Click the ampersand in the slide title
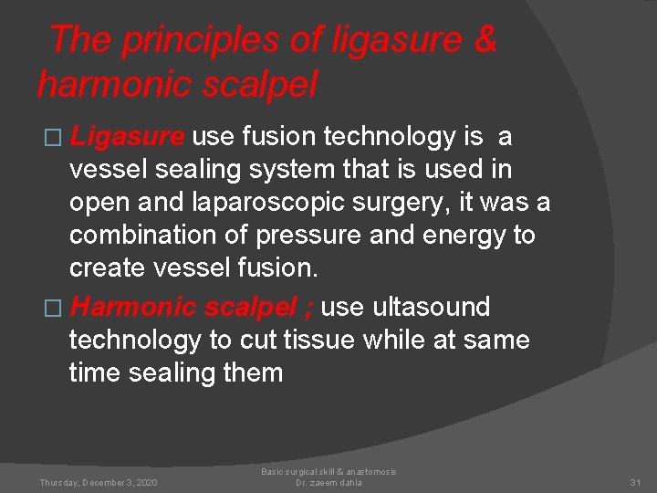(x=485, y=40)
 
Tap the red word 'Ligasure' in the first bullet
(x=128, y=137)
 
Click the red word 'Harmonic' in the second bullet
(x=132, y=307)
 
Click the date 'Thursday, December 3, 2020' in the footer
(x=99, y=482)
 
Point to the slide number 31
(x=636, y=482)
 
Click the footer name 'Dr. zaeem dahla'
(x=328, y=482)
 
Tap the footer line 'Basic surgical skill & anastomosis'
(x=328, y=472)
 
